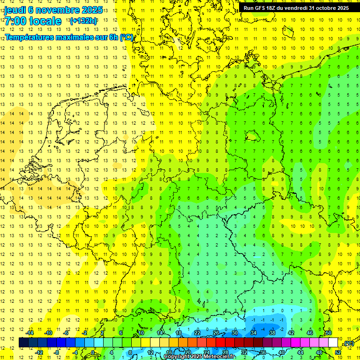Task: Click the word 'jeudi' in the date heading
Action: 15,10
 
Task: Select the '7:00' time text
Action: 15,21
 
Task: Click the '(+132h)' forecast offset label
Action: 83,21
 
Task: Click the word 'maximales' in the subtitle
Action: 71,37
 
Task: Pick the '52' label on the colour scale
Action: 338,352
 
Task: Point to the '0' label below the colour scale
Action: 93,352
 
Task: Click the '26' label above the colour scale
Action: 216,333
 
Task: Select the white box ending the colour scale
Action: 333,342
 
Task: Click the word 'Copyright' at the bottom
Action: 177,357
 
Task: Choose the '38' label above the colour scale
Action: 272,333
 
